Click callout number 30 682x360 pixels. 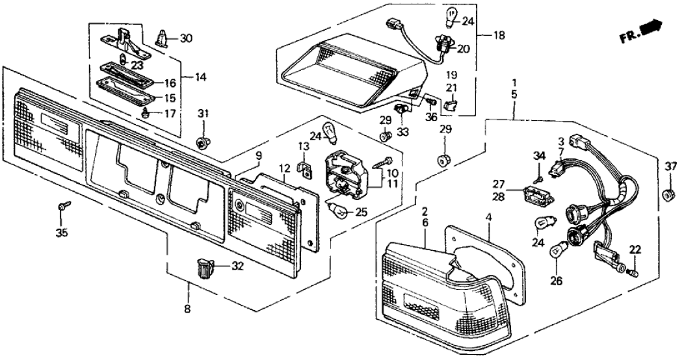pos(186,38)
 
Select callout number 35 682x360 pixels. pos(61,231)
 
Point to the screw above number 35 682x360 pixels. pos(62,207)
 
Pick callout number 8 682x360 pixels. pos(187,309)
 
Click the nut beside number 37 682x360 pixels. pos(667,194)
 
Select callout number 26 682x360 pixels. pos(557,281)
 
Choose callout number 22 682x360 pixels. pos(635,250)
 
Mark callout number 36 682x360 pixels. pos(430,116)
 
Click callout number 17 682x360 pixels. pos(170,113)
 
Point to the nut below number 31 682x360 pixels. pos(202,141)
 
